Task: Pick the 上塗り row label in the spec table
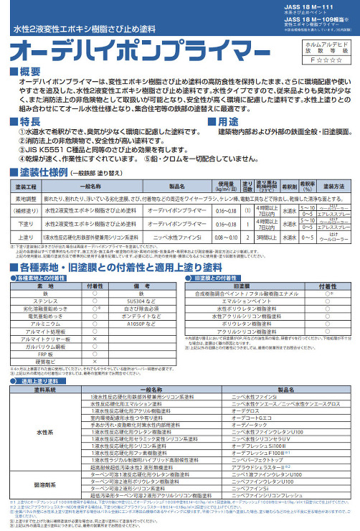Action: pos(25,236)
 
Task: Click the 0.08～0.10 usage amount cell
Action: pos(220,236)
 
